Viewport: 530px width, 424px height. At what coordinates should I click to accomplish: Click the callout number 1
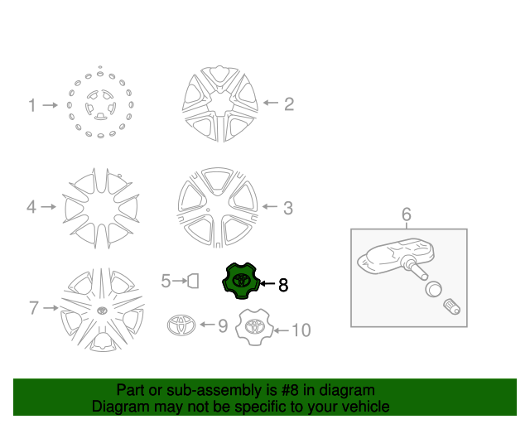(32, 106)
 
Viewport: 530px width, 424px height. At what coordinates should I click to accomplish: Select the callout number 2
(289, 104)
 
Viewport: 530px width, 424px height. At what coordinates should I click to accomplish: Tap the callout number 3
(288, 208)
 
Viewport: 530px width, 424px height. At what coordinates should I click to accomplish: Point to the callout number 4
(31, 207)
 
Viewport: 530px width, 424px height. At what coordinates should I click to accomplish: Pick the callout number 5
(166, 282)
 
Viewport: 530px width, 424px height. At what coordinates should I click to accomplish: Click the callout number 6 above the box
(407, 215)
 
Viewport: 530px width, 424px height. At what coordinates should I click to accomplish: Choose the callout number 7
(34, 308)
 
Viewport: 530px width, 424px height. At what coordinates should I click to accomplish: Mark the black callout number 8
(283, 285)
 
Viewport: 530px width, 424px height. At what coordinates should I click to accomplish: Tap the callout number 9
(223, 326)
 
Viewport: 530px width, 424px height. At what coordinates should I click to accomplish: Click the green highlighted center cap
(240, 281)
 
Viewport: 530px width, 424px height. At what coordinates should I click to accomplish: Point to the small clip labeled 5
(192, 282)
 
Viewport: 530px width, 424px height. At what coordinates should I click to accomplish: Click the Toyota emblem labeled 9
(180, 325)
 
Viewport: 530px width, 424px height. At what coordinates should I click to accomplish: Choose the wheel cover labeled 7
(102, 311)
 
